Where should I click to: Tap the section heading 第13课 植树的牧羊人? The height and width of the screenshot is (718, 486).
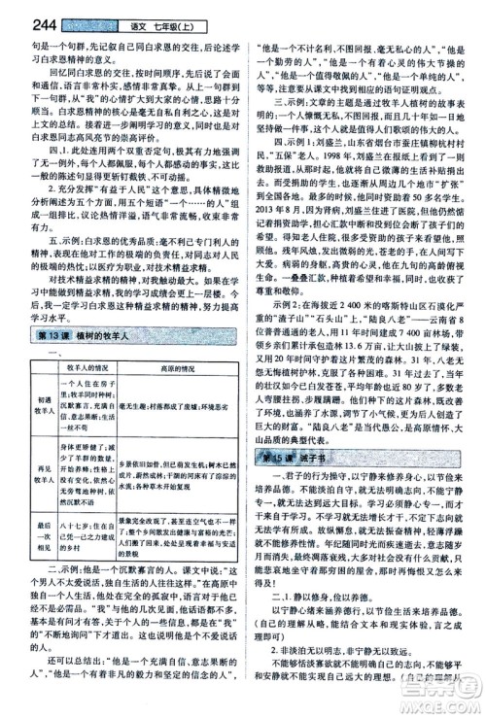coord(67,336)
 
